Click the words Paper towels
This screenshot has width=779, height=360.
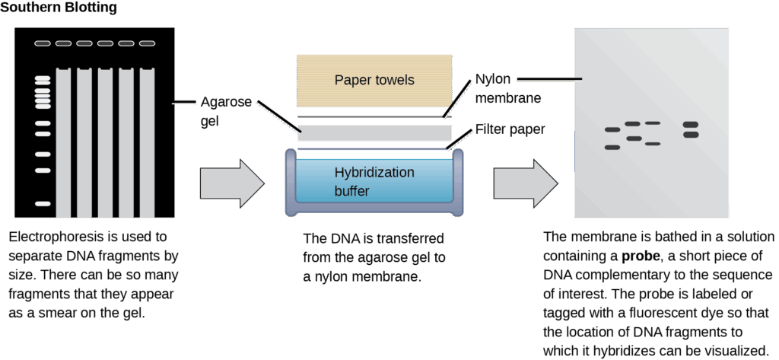(374, 80)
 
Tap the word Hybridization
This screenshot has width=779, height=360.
(374, 173)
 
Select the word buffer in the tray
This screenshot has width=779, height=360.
(351, 191)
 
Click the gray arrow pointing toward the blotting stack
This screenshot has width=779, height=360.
(231, 183)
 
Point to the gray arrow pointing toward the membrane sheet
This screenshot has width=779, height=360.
(525, 183)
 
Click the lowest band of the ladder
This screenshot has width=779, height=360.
(43, 204)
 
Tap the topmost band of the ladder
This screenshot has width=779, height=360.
(43, 78)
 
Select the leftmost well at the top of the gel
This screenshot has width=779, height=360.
(43, 43)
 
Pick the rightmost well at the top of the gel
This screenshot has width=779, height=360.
(147, 43)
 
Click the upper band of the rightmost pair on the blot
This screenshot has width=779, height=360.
(691, 125)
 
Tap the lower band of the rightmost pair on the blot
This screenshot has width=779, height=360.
(691, 135)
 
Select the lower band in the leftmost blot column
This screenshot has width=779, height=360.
(612, 147)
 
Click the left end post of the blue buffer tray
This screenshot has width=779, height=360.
(291, 183)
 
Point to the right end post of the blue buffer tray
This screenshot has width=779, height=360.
(457, 183)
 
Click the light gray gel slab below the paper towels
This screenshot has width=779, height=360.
(374, 132)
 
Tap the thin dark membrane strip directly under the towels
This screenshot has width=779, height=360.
(370, 116)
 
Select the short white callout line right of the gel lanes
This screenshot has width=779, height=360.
(185, 104)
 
